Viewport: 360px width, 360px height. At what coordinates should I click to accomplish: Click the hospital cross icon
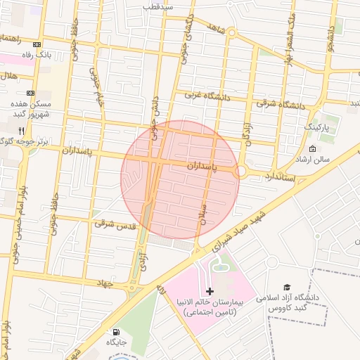point(210,290)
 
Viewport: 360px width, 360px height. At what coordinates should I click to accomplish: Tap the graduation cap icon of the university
point(287,287)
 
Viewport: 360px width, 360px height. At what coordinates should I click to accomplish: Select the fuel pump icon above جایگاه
point(115,331)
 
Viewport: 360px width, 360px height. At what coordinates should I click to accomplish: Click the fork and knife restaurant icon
point(22,131)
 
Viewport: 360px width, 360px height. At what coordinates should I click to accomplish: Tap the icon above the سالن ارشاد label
point(312,148)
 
